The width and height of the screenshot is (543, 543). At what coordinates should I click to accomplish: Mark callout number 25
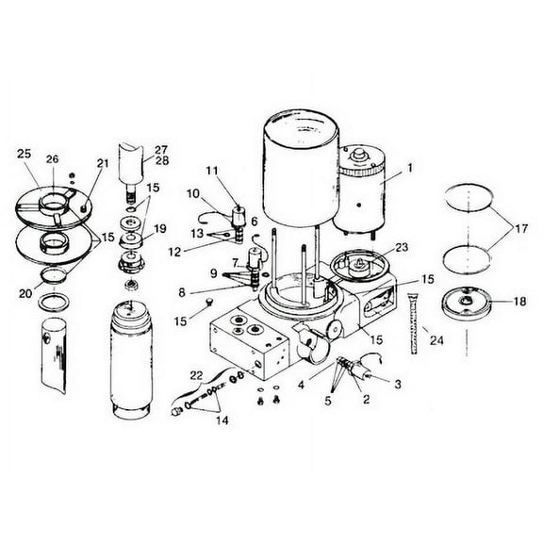click(x=24, y=152)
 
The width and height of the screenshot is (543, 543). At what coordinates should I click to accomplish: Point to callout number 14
click(x=222, y=421)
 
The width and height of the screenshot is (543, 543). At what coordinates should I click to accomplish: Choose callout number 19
click(x=159, y=228)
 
